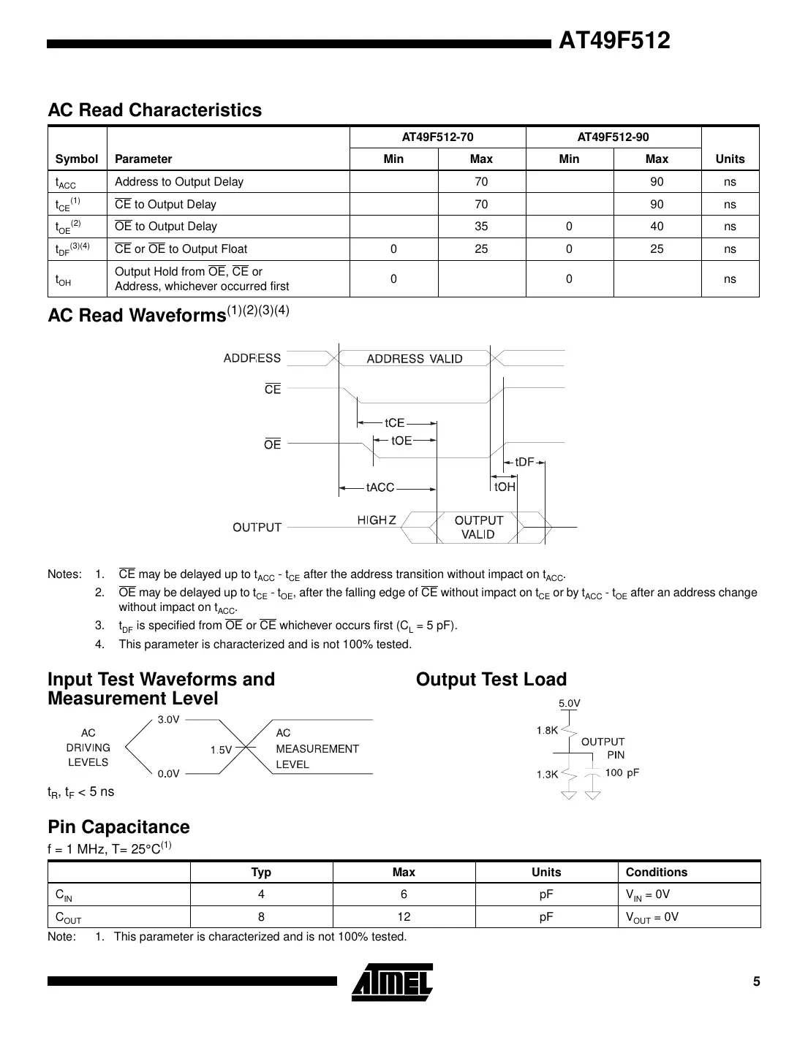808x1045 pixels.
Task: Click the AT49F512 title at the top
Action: (x=613, y=41)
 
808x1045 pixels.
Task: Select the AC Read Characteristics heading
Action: (x=154, y=110)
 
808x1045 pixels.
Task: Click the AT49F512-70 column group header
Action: (x=437, y=137)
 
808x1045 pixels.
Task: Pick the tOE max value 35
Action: (x=481, y=227)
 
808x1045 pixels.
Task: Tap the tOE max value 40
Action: (x=657, y=227)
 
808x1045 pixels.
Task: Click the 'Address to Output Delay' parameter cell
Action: (x=179, y=182)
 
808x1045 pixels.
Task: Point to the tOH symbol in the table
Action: (x=63, y=279)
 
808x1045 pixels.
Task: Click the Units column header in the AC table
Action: (x=730, y=159)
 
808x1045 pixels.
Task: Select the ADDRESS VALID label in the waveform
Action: (x=414, y=359)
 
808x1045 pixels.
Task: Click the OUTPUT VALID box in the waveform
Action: (x=478, y=527)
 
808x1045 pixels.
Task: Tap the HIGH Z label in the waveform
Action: (x=377, y=520)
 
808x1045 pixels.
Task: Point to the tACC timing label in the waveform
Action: (x=380, y=487)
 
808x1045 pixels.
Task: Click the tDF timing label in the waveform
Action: (x=524, y=462)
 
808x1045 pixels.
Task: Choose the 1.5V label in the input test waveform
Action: (x=221, y=750)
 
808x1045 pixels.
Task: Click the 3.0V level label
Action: (x=168, y=720)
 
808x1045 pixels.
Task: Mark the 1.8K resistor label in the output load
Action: (x=547, y=730)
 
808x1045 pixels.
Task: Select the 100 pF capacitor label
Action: (x=622, y=772)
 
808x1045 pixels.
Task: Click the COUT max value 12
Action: (x=404, y=917)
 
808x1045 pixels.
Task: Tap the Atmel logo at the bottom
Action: (x=392, y=981)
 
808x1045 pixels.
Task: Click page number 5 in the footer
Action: (x=757, y=981)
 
